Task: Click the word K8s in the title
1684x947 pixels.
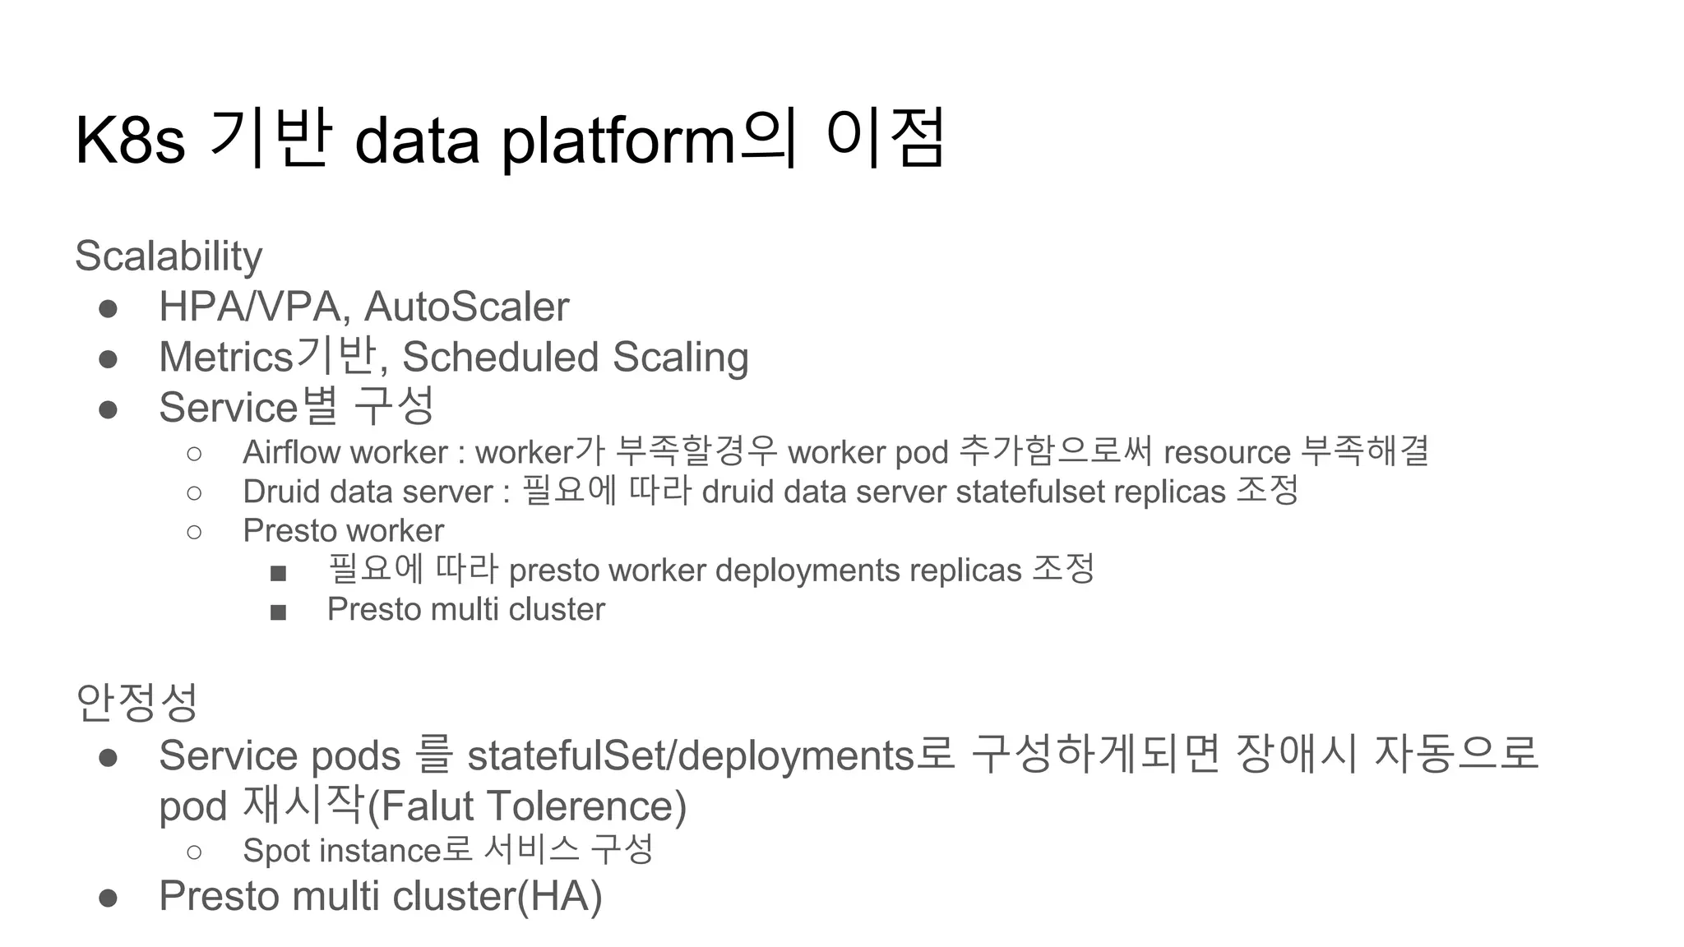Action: [130, 141]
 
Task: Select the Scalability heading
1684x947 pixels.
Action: [169, 256]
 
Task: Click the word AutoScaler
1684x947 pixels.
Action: [466, 307]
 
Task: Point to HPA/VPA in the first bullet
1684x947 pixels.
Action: [249, 307]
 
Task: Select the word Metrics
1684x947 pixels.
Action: [226, 358]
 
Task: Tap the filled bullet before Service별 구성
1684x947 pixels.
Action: [108, 409]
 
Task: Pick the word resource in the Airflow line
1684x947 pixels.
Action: [1227, 452]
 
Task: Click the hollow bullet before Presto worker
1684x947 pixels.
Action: [194, 532]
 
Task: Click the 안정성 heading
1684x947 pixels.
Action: [136, 703]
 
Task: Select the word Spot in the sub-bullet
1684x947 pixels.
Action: [276, 851]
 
